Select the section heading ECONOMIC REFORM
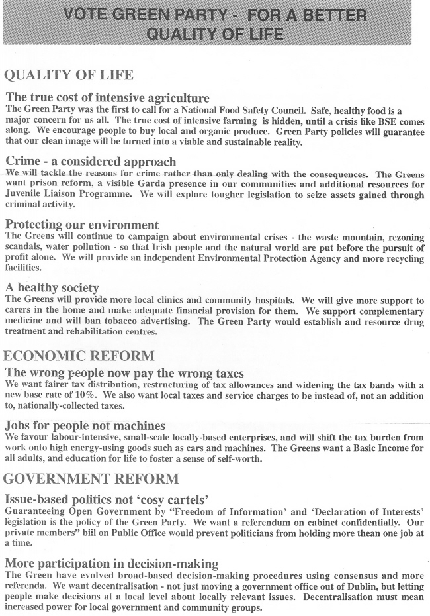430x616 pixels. [x=79, y=356]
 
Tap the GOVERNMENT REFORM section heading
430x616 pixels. [x=91, y=478]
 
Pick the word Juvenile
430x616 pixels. [x=26, y=195]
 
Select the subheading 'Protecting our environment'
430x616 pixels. [x=82, y=225]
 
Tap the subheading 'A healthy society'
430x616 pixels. [x=52, y=288]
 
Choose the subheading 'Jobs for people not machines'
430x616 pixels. [x=85, y=425]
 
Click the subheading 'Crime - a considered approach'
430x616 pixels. [x=91, y=161]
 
